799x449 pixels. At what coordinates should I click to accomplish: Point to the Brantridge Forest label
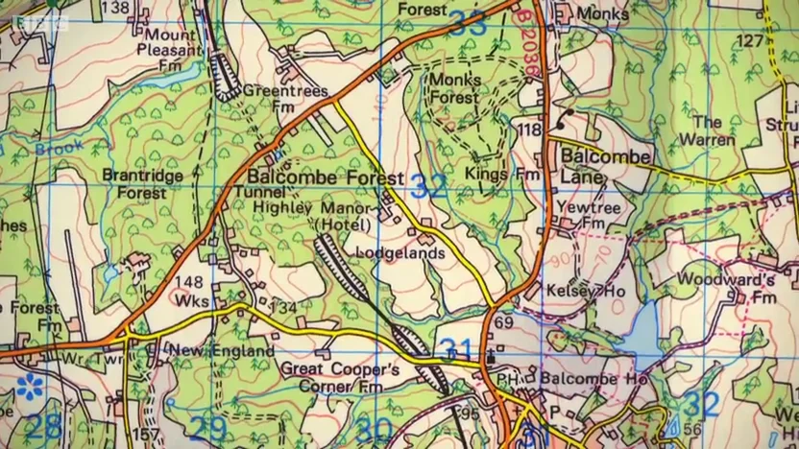point(134,183)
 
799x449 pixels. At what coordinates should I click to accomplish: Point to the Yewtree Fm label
point(581,214)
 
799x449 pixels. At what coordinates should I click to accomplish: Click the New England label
point(222,351)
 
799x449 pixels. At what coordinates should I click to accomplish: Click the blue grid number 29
point(206,427)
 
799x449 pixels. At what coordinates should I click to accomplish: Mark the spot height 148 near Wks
point(189,281)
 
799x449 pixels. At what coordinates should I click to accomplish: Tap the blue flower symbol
point(27,390)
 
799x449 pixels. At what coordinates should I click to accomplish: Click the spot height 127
point(749,40)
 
